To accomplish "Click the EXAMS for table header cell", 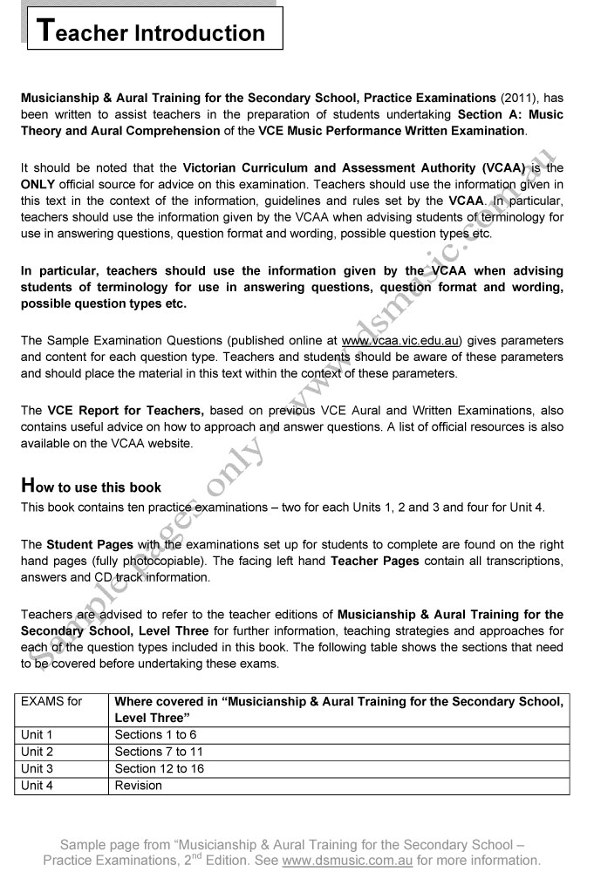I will point(51,700).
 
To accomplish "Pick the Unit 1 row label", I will point(38,735).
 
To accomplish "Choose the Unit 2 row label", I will point(38,752).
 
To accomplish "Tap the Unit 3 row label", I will point(38,768).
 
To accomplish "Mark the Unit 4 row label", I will point(38,785).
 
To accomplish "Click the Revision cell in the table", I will point(139,785).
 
